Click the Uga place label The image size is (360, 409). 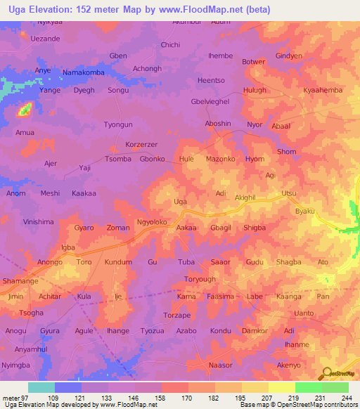[181, 202]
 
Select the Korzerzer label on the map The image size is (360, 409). [141, 144]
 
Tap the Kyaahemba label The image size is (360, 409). [322, 91]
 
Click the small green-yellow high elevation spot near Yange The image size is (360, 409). [25, 109]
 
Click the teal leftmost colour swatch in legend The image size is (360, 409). [41, 387]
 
